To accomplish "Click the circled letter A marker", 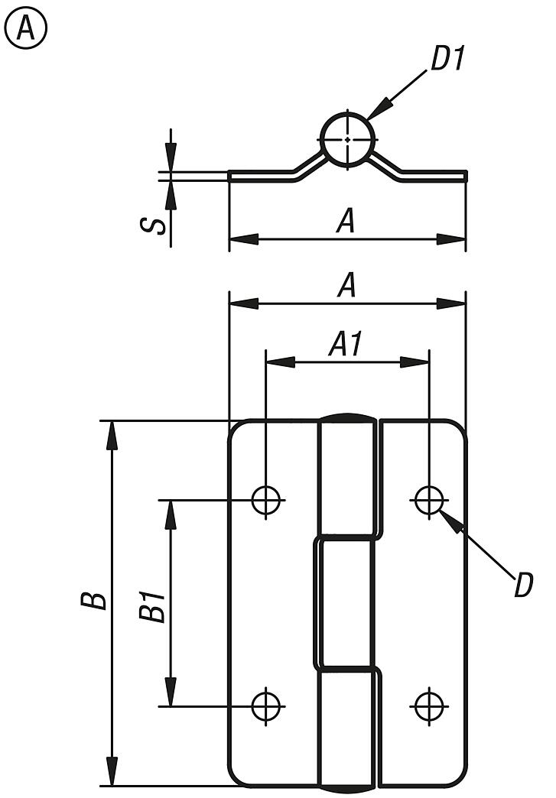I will tap(26, 28).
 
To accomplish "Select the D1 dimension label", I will tap(447, 60).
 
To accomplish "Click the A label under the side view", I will tap(346, 222).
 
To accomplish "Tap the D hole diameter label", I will tap(523, 586).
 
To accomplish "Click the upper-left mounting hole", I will tap(266, 500).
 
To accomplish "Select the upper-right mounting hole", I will tap(429, 500).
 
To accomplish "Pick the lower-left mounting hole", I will tap(266, 706).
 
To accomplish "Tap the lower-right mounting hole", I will tap(429, 706).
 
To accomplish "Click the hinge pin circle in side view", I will tap(347, 139).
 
